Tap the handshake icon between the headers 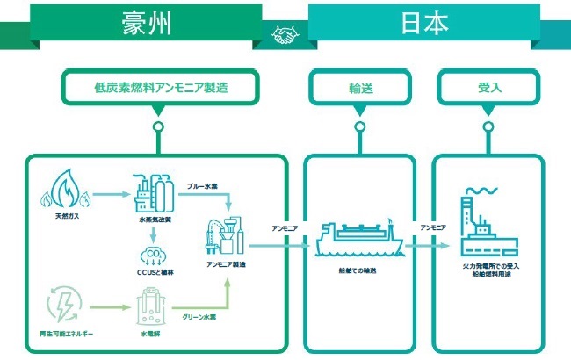(x=285, y=34)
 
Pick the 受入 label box (x=488, y=87)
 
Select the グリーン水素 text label (x=200, y=317)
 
